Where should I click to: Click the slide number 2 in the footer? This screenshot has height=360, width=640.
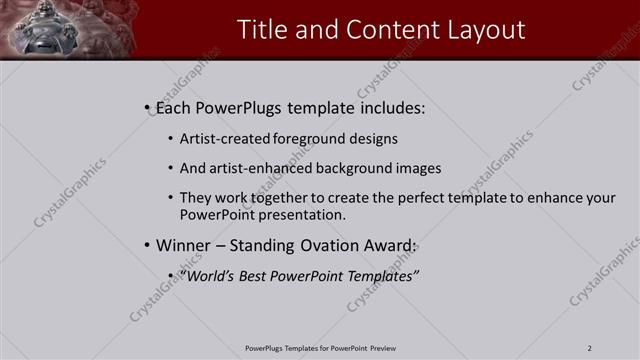590,348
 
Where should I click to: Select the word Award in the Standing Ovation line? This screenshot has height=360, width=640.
386,245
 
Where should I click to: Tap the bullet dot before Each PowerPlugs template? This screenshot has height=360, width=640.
147,106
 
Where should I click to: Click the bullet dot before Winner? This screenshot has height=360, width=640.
147,245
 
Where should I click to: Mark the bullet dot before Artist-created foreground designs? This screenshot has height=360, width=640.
171,139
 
